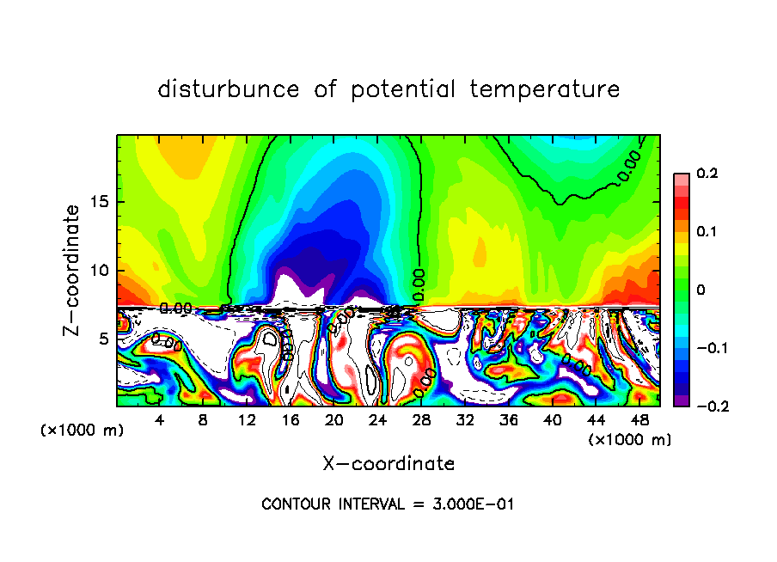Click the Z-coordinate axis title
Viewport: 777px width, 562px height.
coord(73,270)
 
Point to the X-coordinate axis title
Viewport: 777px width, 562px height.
coord(388,464)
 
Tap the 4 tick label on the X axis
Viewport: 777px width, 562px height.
coord(159,421)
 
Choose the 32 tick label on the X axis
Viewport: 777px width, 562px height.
coord(466,421)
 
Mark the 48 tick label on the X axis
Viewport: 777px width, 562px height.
coord(640,421)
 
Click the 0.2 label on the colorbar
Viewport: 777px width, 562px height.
coord(707,174)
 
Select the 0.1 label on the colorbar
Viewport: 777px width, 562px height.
coord(707,232)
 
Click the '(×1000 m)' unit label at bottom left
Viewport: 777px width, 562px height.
coord(82,431)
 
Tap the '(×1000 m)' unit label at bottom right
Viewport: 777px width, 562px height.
coord(629,440)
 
